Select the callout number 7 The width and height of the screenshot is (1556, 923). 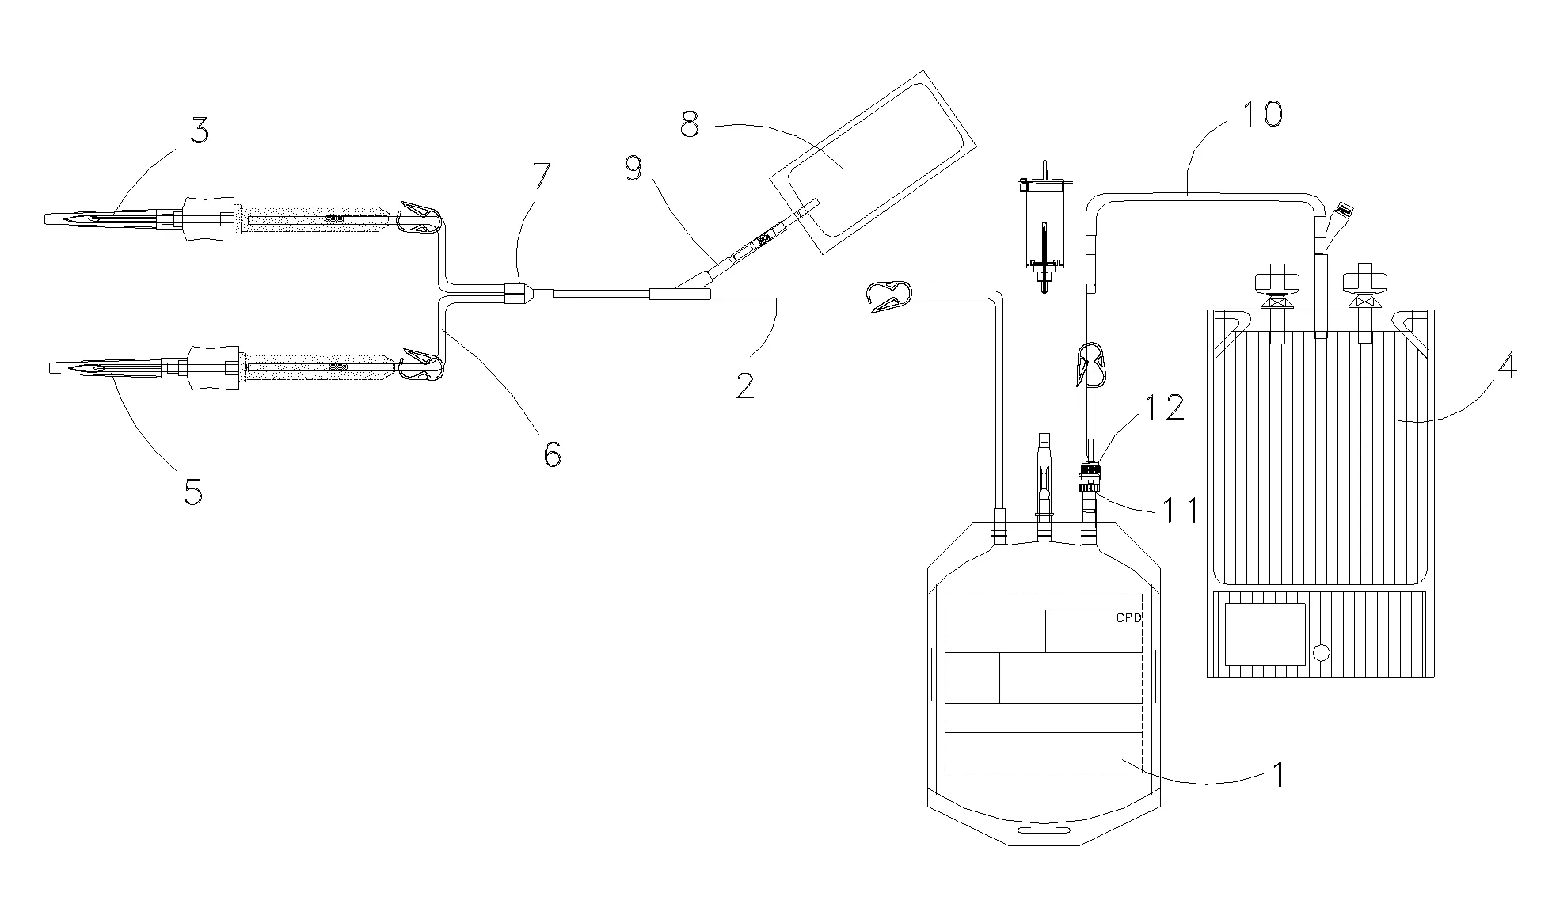coord(541,177)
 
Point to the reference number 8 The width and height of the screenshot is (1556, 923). coord(690,126)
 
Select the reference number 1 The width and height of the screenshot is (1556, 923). coord(1276,773)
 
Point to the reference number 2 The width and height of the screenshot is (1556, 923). coord(744,385)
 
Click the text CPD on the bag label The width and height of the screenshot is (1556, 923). coord(1128,618)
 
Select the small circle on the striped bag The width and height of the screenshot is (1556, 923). coord(1321,653)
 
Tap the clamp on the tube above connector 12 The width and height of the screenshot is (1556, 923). coord(1090,362)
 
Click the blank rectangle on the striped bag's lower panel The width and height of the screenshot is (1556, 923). coord(1265,634)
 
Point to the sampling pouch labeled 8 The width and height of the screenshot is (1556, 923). coord(873,163)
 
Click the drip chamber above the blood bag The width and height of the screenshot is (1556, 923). coord(1043,226)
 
